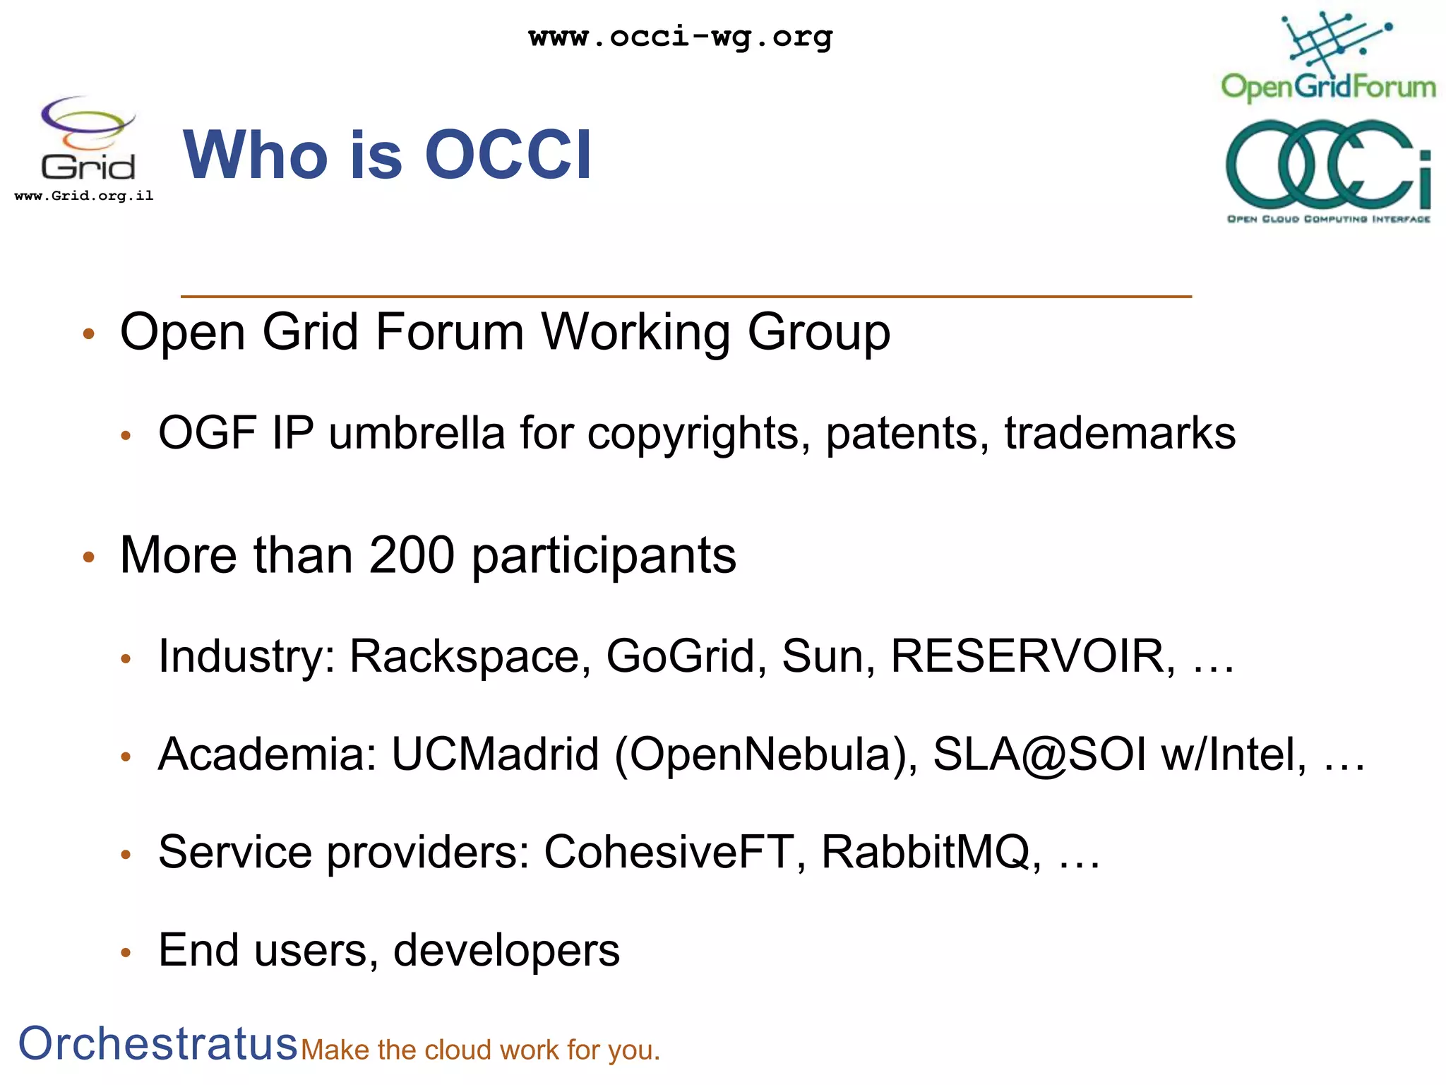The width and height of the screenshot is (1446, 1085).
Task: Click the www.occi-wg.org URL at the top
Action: (x=681, y=36)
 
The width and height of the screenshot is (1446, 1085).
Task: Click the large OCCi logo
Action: (x=1328, y=166)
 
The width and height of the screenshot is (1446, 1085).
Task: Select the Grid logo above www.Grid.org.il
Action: (x=88, y=138)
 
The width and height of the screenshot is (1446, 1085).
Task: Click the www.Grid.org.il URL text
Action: (x=84, y=196)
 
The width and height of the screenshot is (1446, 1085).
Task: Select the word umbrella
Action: (x=417, y=433)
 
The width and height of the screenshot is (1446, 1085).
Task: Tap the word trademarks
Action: (x=1120, y=433)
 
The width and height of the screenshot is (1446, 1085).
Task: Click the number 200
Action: (x=411, y=555)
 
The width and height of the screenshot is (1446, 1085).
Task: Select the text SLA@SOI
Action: (x=1039, y=754)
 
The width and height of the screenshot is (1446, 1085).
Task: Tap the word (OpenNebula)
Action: (x=766, y=754)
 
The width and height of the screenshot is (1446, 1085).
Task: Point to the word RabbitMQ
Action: (x=930, y=852)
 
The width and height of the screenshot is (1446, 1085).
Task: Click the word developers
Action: (x=506, y=950)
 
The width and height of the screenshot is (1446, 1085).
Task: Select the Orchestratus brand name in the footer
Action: (x=157, y=1043)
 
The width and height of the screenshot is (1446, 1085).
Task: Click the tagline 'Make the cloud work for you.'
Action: (x=480, y=1050)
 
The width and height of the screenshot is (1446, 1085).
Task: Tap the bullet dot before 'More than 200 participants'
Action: (x=88, y=557)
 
